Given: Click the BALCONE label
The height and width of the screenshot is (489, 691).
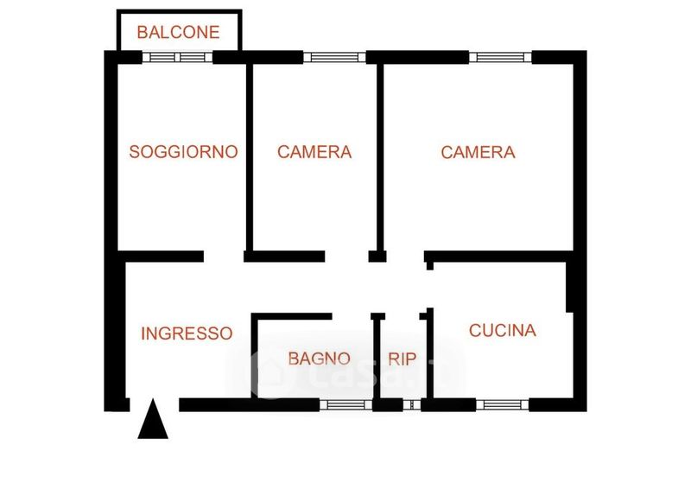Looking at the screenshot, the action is pos(178,32).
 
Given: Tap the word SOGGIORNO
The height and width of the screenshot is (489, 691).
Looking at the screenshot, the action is pos(183,152).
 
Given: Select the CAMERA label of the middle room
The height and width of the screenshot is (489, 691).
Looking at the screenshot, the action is pos(314,152).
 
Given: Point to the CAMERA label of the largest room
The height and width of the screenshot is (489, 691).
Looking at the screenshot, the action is pos(478,152).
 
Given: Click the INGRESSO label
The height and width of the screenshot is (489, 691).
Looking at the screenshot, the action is pos(187,333).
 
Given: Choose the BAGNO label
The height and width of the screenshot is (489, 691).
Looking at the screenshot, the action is pos(319,359).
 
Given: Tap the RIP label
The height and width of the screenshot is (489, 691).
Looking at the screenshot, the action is pos(402,359).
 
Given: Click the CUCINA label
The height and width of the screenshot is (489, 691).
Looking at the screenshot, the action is pos(503,330).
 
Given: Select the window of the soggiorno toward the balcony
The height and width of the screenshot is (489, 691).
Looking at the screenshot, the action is pos(178,57).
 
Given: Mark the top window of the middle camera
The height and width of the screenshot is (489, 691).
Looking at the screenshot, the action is pos(334,57).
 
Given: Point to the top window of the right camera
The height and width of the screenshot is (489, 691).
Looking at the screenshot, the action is pos(501,57).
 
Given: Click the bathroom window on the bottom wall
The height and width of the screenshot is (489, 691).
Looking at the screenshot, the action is pos(346,405).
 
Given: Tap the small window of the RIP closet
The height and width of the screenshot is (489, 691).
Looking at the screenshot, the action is pos(412,405).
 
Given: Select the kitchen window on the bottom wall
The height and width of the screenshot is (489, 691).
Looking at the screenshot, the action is pos(503,405).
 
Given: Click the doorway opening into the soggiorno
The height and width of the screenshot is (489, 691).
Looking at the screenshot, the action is pos(224,257).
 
